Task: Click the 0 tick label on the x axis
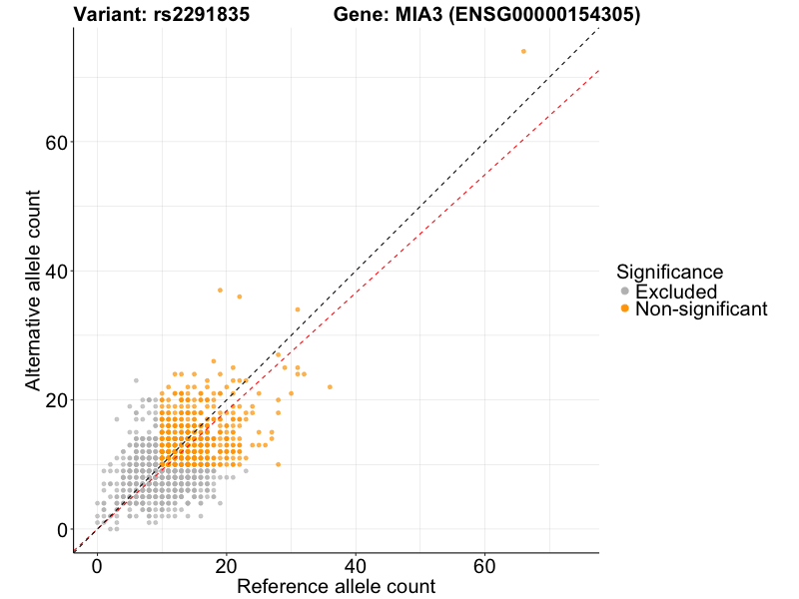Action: pos(97,566)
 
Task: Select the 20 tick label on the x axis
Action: pos(227,566)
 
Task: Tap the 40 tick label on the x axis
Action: pos(356,566)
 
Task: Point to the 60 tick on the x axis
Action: pos(485,566)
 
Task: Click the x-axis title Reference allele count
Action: pos(336,586)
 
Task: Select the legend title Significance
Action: pos(669,272)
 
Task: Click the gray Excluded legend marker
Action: pos(625,291)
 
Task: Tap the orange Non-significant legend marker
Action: pos(625,308)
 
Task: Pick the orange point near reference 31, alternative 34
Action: pos(298,309)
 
